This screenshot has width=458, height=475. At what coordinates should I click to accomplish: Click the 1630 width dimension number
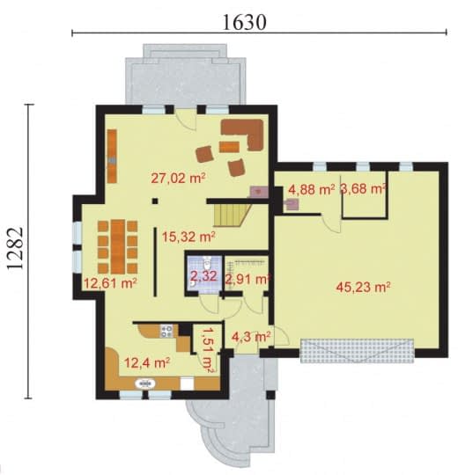coord(245,22)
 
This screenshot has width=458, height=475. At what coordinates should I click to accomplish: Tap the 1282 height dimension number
coord(15,248)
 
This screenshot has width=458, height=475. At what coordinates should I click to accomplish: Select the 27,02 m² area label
coord(178,178)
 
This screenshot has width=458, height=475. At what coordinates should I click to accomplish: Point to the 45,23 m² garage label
coord(363,287)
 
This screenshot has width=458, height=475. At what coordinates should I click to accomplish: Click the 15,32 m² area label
coord(188,237)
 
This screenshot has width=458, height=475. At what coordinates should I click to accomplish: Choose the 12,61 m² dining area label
coord(110,283)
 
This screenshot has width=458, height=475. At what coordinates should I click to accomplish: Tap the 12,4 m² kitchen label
coord(147,362)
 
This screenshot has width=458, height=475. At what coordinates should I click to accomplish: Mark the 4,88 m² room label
coord(312,190)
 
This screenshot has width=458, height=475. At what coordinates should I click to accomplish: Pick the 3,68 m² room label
coord(363,189)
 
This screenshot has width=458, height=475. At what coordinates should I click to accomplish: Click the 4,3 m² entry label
coord(251,336)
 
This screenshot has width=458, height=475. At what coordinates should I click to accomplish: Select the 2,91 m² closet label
coord(247,279)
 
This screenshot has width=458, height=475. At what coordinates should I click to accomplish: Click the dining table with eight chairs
coord(118,246)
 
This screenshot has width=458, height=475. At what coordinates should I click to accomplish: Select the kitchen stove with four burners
coord(166,331)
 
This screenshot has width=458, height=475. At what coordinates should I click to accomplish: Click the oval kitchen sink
coord(145,384)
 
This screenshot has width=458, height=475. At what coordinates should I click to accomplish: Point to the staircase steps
coord(232,216)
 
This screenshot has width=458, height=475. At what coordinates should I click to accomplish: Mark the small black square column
coord(155,201)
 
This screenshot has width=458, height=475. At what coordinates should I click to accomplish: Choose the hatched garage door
coord(358,351)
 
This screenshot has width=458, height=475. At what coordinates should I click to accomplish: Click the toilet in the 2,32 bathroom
coord(207,263)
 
